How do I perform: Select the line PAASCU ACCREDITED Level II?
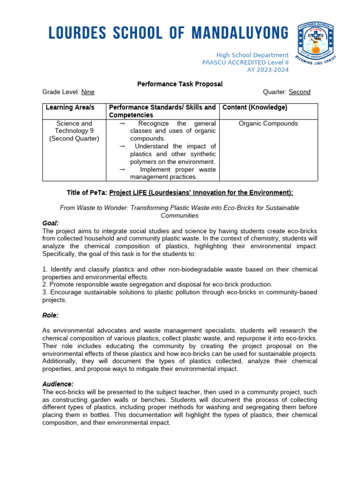(x=245, y=62)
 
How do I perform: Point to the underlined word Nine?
(x=88, y=92)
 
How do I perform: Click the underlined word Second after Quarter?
(x=300, y=92)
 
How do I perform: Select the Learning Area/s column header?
(x=70, y=108)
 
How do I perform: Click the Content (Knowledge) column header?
(x=255, y=108)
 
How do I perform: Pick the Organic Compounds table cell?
(x=268, y=124)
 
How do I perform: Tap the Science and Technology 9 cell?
(x=74, y=131)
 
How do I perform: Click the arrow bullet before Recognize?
(x=122, y=124)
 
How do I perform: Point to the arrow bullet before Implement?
(x=122, y=169)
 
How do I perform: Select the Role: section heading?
(x=51, y=315)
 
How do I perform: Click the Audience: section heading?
(x=58, y=384)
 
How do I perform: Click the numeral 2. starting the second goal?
(x=45, y=285)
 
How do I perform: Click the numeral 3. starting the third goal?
(x=45, y=292)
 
